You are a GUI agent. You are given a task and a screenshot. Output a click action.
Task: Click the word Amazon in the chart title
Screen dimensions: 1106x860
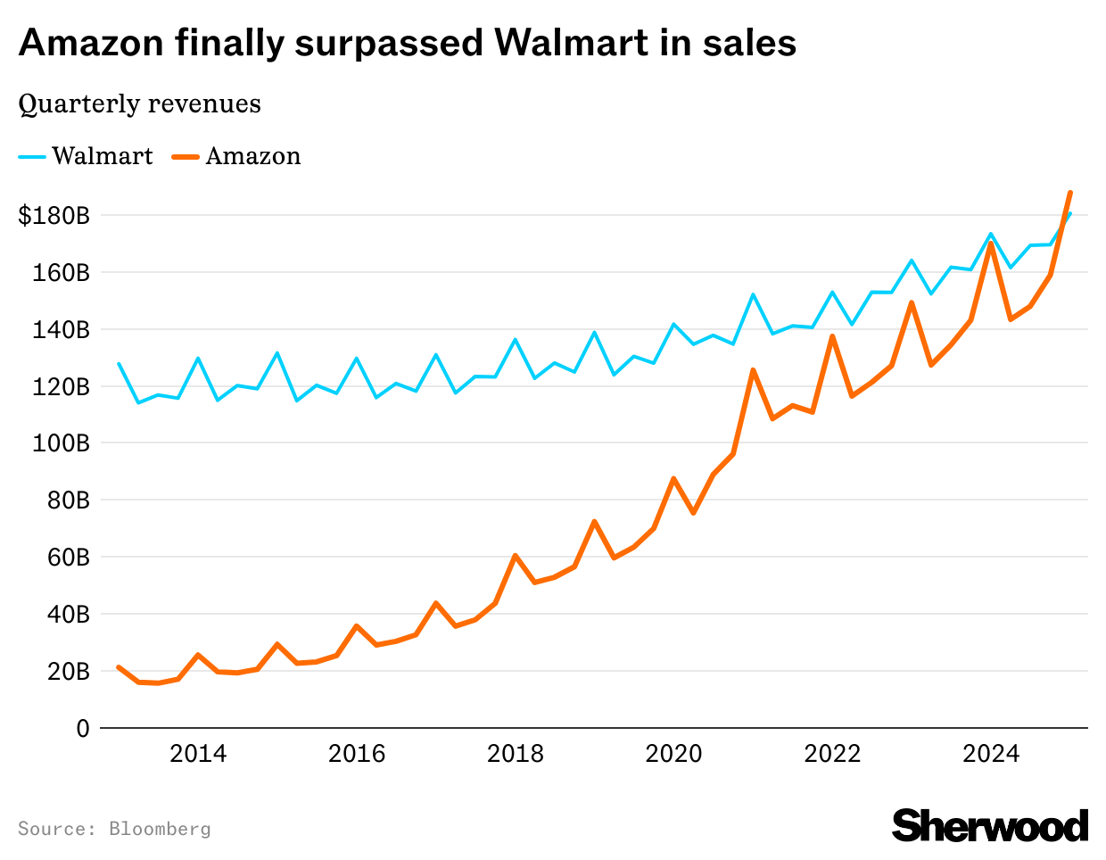pyautogui.click(x=91, y=43)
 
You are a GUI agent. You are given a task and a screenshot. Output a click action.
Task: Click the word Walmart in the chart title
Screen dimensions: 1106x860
pyautogui.click(x=571, y=43)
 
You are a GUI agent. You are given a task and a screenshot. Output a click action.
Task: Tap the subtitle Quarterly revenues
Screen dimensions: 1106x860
pyautogui.click(x=139, y=104)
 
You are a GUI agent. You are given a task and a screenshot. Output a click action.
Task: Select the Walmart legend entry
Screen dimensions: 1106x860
pyautogui.click(x=86, y=156)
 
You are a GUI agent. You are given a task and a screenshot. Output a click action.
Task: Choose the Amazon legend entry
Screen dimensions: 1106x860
pyautogui.click(x=236, y=156)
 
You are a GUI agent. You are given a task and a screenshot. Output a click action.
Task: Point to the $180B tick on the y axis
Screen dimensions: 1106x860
pyautogui.click(x=54, y=215)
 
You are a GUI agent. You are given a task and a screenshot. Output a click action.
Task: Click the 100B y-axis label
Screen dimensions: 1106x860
pyautogui.click(x=61, y=443)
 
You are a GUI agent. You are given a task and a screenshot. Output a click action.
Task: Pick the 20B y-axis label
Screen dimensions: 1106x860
pyautogui.click(x=68, y=672)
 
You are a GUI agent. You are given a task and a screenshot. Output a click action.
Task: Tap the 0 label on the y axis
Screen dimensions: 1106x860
pyautogui.click(x=83, y=729)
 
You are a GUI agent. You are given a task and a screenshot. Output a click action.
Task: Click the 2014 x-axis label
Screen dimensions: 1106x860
pyautogui.click(x=198, y=754)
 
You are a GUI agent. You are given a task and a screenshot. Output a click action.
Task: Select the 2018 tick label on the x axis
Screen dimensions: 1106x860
pyautogui.click(x=515, y=754)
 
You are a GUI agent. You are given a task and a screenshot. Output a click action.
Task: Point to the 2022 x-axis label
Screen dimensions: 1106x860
pyautogui.click(x=832, y=754)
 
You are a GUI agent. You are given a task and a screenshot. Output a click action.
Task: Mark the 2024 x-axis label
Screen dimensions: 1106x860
pyautogui.click(x=991, y=754)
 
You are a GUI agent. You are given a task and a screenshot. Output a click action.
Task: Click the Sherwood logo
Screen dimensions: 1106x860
pyautogui.click(x=990, y=825)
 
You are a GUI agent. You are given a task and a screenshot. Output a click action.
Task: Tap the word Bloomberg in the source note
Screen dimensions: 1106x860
pyautogui.click(x=160, y=829)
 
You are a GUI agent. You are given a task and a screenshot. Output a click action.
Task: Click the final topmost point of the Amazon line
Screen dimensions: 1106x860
pyautogui.click(x=1069, y=193)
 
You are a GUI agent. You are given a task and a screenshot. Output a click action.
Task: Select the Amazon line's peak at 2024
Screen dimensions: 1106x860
pyautogui.click(x=990, y=244)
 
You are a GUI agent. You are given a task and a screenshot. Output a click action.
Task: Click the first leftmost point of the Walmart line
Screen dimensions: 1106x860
pyautogui.click(x=119, y=363)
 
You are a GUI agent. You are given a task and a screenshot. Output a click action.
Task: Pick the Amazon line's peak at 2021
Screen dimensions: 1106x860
pyautogui.click(x=753, y=370)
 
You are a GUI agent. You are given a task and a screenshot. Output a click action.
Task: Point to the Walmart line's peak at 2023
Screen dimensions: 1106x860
pyautogui.click(x=911, y=260)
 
